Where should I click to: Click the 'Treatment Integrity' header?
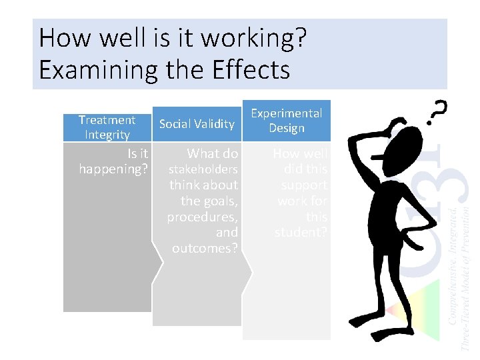[107, 127]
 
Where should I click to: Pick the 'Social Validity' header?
[197, 124]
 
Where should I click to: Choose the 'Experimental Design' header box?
[286, 121]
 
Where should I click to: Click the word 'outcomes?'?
[205, 249]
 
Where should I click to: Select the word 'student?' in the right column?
[301, 233]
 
